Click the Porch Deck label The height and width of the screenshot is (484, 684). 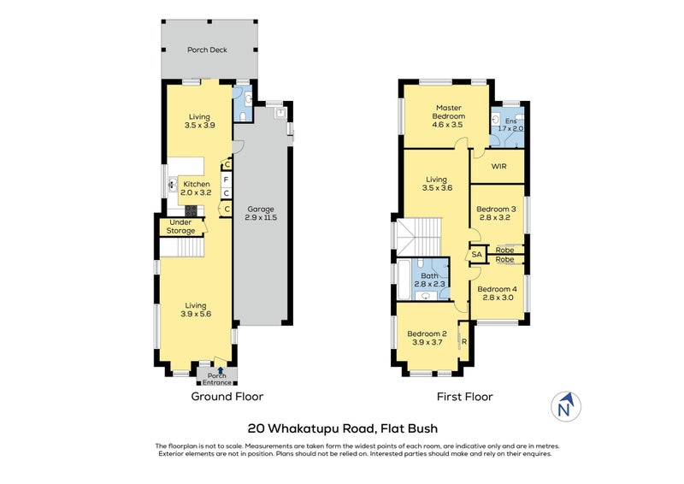[x=207, y=50]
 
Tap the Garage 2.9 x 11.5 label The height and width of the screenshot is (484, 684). [x=261, y=214]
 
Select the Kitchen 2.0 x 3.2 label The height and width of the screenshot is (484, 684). [x=197, y=188]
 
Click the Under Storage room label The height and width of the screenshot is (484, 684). [x=180, y=227]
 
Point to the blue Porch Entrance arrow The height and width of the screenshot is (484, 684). [x=221, y=370]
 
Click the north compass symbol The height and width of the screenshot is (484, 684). [x=565, y=406]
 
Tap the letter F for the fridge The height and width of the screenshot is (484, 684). [x=226, y=180]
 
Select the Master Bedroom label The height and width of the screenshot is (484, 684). [x=448, y=116]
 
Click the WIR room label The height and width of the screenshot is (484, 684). [x=498, y=166]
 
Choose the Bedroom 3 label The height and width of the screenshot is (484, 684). [x=496, y=213]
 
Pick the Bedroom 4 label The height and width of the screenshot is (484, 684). [x=498, y=293]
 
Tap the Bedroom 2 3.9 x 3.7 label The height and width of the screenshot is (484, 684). [x=427, y=339]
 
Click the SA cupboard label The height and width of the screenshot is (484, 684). [x=477, y=254]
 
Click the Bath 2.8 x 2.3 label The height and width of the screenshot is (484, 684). [x=430, y=280]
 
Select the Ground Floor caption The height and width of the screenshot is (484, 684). [x=227, y=397]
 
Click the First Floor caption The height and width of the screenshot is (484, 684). [x=465, y=397]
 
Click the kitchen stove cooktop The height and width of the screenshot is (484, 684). [x=191, y=211]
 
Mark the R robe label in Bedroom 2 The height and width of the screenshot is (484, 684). [x=464, y=342]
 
